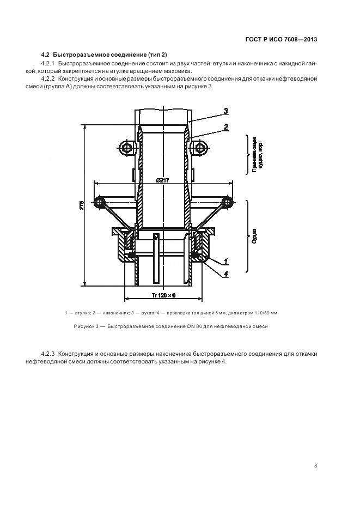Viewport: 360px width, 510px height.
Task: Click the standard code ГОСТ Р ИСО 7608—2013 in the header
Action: click(x=278, y=39)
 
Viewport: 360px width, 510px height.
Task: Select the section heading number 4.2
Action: click(x=46, y=54)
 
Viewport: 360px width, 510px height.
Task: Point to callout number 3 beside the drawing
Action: click(x=225, y=110)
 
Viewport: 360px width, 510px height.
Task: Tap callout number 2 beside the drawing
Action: click(x=225, y=127)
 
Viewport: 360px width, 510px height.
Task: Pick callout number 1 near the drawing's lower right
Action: click(x=225, y=261)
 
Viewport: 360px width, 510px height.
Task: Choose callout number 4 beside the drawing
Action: click(x=225, y=274)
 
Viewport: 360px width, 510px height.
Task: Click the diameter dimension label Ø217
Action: click(x=162, y=181)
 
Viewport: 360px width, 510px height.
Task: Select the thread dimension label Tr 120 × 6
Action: click(x=163, y=295)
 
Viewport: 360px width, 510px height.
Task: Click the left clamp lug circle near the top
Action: click(x=127, y=148)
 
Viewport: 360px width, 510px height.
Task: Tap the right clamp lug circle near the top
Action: click(x=200, y=148)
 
